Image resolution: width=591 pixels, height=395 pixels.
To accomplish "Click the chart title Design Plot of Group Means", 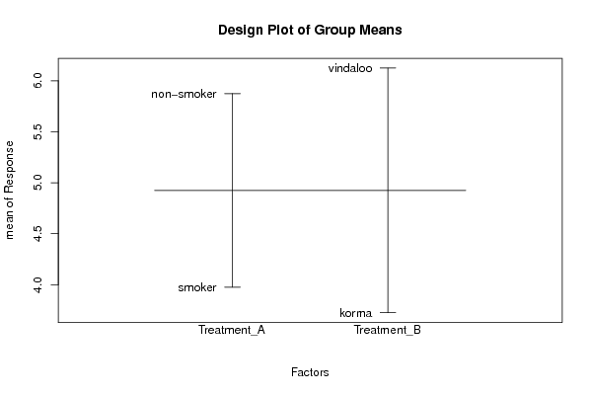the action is tap(310, 31).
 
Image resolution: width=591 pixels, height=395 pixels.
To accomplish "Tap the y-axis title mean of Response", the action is tap(10, 191).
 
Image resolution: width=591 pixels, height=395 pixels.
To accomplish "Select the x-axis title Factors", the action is tap(310, 372).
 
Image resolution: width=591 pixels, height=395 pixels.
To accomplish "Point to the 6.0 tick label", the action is tap(37, 81).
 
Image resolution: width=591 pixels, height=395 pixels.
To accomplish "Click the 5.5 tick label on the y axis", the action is tap(37, 131).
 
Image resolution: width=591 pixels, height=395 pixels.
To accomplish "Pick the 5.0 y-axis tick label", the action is tap(37, 183).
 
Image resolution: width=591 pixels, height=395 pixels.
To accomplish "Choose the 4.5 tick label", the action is tap(37, 234).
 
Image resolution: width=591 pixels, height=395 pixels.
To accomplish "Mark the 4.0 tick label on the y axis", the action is tap(37, 284).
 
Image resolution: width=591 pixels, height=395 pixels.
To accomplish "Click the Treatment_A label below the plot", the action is tap(232, 331).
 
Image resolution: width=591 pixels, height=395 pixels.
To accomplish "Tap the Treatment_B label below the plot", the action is tap(388, 331).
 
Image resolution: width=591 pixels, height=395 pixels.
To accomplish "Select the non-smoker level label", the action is tap(184, 94).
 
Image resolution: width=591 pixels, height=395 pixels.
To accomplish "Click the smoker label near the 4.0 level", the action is tap(197, 287).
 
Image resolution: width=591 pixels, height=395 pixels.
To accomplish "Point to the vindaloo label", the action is tap(350, 68).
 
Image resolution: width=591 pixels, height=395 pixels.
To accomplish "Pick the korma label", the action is tap(356, 313).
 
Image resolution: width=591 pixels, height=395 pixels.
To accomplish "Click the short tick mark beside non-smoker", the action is tap(232, 93).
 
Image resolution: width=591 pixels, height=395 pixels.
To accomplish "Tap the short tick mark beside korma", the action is tap(388, 312).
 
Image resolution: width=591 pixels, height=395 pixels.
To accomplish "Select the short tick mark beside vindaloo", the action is tap(388, 68).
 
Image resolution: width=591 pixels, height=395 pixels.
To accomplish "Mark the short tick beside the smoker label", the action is tap(232, 287).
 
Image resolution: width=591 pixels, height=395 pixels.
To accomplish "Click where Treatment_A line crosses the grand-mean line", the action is tap(232, 191).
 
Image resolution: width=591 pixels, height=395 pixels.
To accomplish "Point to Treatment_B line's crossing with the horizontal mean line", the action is tap(388, 191).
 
